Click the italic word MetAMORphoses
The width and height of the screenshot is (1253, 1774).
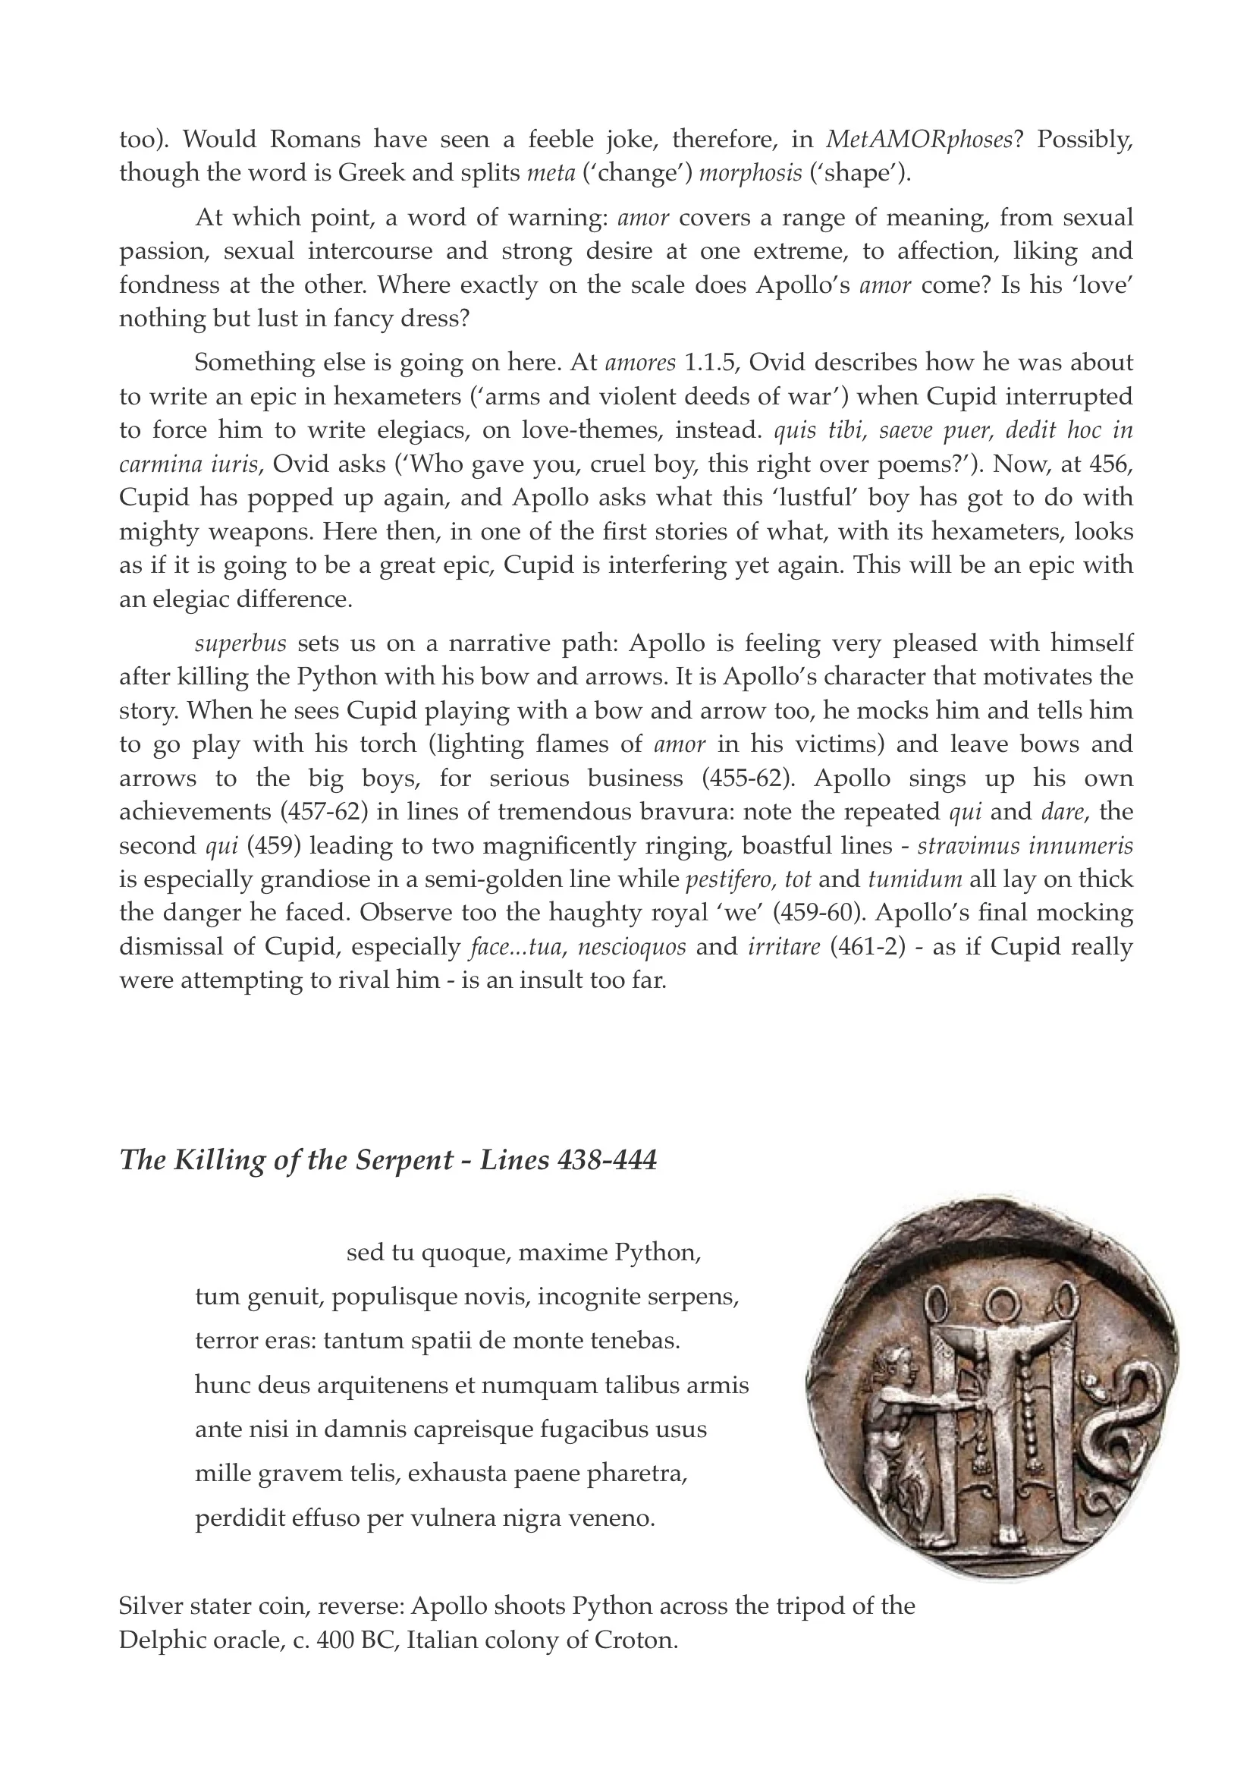919,140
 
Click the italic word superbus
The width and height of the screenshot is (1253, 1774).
240,643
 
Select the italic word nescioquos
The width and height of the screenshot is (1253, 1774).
631,946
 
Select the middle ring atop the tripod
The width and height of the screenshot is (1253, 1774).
1005,1306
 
